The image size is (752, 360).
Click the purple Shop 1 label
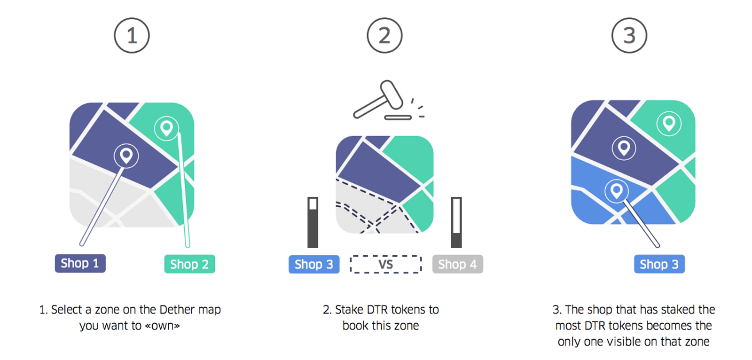tap(80, 263)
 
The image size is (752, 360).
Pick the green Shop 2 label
tap(190, 264)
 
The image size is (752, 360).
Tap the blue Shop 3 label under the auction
tap(314, 264)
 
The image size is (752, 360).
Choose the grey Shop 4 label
tap(458, 264)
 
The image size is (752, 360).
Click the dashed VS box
tap(386, 264)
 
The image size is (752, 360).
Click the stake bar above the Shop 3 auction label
tap(313, 222)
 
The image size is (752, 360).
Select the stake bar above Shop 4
tap(456, 222)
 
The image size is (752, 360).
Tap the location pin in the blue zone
tap(616, 191)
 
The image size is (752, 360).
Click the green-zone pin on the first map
tap(166, 128)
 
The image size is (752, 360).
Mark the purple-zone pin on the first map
tap(126, 156)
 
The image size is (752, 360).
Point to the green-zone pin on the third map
tap(669, 123)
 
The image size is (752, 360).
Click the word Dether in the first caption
tap(177, 309)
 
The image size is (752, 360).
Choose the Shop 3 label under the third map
tap(659, 264)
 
